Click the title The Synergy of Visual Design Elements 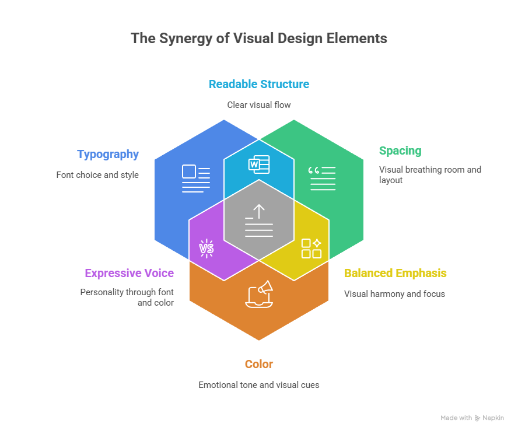click(258, 38)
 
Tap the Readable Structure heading click(258, 84)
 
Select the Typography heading click(108, 155)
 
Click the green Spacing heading click(400, 151)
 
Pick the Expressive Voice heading click(129, 273)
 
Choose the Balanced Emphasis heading click(395, 273)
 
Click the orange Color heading click(258, 365)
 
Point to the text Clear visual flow click(258, 105)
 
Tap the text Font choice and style click(97, 174)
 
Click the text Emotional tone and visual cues click(258, 385)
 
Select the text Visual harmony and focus click(394, 294)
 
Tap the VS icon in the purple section click(206, 249)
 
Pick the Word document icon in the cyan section click(259, 165)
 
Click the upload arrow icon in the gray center click(259, 220)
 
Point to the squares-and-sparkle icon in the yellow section click(311, 248)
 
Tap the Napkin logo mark click(478, 418)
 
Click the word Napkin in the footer click(493, 418)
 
